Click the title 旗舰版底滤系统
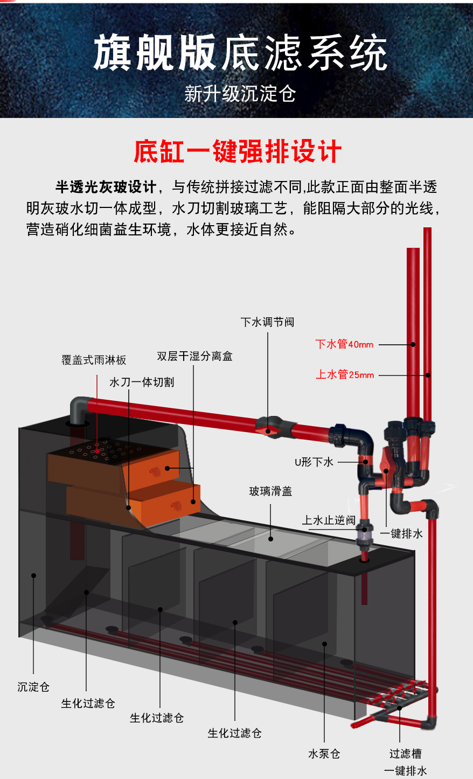pos(240,53)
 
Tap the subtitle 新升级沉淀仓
pos(240,94)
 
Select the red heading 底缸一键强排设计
pos(238,151)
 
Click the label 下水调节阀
pos(267,322)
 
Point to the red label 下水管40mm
pos(344,344)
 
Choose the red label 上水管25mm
pos(345,374)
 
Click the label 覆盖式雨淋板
pos(94,360)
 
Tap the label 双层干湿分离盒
pos(194,356)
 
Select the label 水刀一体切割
pos(142,382)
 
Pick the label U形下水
pos(314,462)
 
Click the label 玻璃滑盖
pos(270,491)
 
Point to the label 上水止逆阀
pos(329,520)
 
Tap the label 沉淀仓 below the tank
pos(33,687)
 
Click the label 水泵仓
pos(324,754)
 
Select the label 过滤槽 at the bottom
pos(405,754)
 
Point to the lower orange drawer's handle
pos(176,505)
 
